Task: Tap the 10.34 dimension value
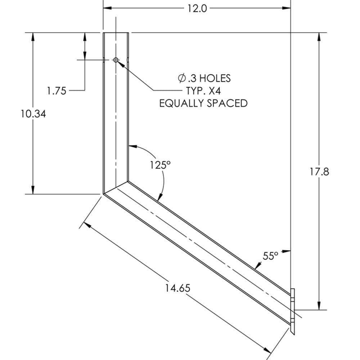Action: click(x=33, y=114)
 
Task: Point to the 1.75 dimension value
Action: click(x=57, y=91)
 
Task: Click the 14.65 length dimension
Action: click(x=177, y=288)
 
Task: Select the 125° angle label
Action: click(x=160, y=165)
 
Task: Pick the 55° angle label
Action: click(x=271, y=256)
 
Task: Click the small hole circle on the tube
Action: click(x=116, y=60)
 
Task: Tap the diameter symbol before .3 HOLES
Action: click(x=182, y=78)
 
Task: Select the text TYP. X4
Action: click(x=203, y=90)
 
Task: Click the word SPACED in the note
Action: click(x=227, y=103)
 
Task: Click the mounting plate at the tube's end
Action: click(x=293, y=311)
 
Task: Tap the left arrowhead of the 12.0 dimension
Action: click(x=107, y=8)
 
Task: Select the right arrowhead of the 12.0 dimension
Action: click(x=287, y=8)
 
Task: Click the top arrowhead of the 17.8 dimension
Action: click(x=319, y=36)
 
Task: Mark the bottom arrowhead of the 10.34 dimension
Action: click(x=33, y=190)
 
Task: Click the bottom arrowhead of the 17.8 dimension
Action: click(x=319, y=306)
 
